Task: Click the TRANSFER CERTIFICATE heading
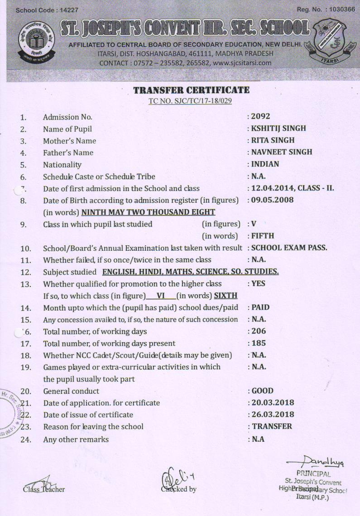[x=191, y=90]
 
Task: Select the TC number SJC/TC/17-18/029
[x=190, y=100]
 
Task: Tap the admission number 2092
[x=261, y=116]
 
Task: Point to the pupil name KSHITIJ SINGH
[x=279, y=128]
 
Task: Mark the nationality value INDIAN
[x=266, y=164]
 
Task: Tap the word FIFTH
[x=263, y=236]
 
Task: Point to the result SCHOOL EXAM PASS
[x=289, y=248]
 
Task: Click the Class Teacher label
[x=44, y=489]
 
